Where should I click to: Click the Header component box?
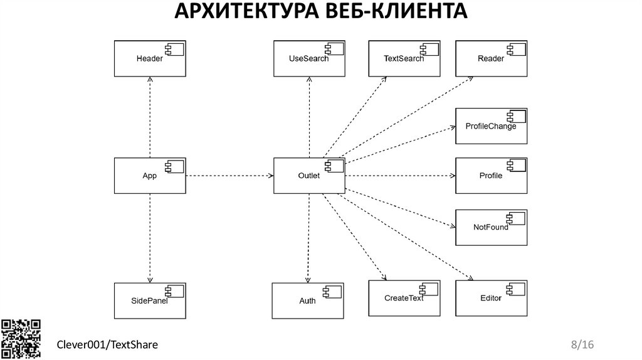(x=149, y=59)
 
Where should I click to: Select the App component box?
(x=149, y=176)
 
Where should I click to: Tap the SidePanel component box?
(x=149, y=300)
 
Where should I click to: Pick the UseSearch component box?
(x=308, y=59)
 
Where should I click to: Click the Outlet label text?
(x=308, y=176)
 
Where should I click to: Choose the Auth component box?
(x=307, y=300)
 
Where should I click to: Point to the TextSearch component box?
(x=404, y=59)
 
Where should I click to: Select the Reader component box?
(x=491, y=59)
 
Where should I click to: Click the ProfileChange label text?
(x=491, y=126)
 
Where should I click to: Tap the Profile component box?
(x=491, y=176)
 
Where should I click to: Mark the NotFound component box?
(x=491, y=226)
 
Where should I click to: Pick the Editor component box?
(x=491, y=298)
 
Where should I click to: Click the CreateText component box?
(x=404, y=298)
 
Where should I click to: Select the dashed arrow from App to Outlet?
(x=229, y=176)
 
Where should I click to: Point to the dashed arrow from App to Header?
(x=150, y=117)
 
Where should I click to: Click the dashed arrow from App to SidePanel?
(x=150, y=238)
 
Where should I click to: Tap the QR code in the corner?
(x=21, y=338)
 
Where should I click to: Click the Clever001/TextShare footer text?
(x=107, y=345)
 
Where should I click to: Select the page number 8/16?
(x=582, y=345)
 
